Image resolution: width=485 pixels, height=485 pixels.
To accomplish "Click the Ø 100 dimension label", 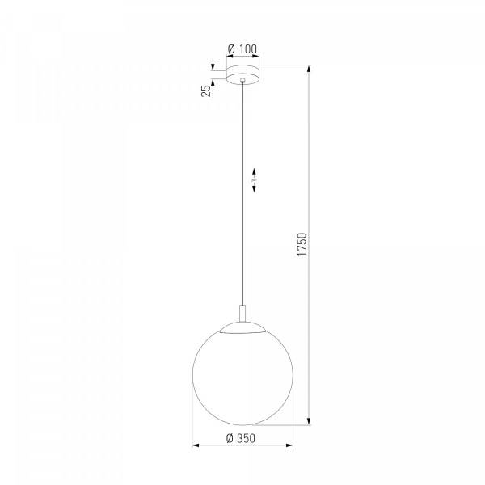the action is pyautogui.click(x=242, y=48).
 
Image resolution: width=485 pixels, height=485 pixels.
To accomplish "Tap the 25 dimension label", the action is pyautogui.click(x=206, y=91).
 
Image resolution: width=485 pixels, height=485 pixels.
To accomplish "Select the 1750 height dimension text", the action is pyautogui.click(x=302, y=244).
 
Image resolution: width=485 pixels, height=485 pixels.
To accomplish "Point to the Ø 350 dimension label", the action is pyautogui.click(x=241, y=438).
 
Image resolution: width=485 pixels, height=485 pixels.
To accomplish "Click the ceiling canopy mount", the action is pyautogui.click(x=242, y=74).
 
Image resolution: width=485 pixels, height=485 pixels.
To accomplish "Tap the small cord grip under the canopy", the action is pyautogui.click(x=242, y=80).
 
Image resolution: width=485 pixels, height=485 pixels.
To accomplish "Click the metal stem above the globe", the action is pyautogui.click(x=242, y=314).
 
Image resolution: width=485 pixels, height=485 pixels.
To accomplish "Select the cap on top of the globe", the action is pyautogui.click(x=242, y=327).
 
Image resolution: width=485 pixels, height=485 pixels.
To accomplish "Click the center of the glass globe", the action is pyautogui.click(x=242, y=375).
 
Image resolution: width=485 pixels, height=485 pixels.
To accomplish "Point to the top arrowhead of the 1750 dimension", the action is pyautogui.click(x=309, y=69).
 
